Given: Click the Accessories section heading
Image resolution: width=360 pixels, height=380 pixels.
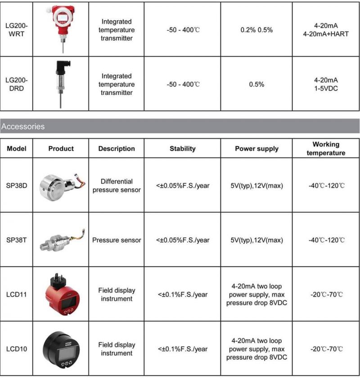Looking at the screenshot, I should [23, 127].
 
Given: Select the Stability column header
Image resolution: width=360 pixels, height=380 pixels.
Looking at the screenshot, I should [183, 149].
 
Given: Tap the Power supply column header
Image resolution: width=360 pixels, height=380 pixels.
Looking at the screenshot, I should [256, 149].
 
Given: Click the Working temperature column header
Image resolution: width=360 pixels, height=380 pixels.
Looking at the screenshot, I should [326, 149].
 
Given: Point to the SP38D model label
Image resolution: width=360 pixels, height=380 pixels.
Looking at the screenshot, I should [16, 185].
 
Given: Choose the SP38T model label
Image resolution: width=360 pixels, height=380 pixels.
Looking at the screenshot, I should [16, 240].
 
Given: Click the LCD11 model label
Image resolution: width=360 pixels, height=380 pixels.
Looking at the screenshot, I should [16, 294].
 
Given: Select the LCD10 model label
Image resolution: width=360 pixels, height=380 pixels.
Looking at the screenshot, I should [16, 349].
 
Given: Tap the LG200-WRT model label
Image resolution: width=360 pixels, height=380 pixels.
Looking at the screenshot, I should [16, 30].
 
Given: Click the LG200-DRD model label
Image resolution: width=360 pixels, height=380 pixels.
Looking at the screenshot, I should [16, 84].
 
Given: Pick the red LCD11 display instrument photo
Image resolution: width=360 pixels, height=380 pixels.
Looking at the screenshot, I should [61, 295].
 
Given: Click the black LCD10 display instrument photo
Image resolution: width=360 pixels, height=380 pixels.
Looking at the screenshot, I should [61, 349].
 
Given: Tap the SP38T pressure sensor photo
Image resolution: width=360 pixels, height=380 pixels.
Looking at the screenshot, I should [61, 240].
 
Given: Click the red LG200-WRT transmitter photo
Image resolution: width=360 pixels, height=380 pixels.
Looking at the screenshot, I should [61, 23].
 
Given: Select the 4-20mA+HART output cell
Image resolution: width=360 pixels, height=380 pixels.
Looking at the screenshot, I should [326, 34].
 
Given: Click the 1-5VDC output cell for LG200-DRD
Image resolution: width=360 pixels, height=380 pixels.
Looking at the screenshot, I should [326, 89].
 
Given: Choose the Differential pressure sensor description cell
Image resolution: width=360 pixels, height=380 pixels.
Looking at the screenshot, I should [117, 185].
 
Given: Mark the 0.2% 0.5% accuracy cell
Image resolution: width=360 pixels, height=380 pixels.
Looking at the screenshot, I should [256, 30].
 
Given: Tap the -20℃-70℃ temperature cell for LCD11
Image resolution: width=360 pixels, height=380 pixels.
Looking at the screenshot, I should [326, 294].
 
